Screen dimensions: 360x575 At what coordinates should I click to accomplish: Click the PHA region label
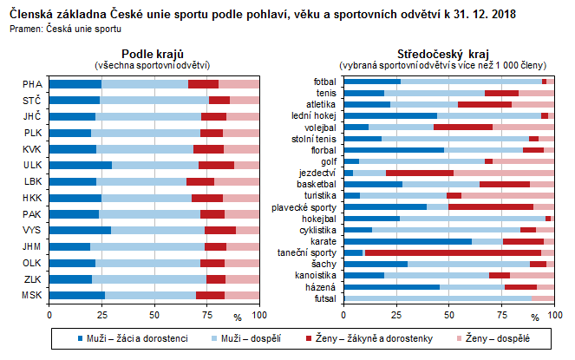pyautogui.click(x=32, y=84)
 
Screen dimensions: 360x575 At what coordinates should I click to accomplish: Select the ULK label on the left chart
pyautogui.click(x=32, y=165)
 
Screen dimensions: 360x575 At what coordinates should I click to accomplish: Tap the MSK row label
pyautogui.click(x=32, y=295)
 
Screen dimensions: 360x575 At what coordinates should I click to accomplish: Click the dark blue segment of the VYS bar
pyautogui.click(x=80, y=230)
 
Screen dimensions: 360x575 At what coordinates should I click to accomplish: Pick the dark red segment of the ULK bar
pyautogui.click(x=216, y=165)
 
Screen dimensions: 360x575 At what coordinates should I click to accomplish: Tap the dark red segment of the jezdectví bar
pyautogui.click(x=420, y=173)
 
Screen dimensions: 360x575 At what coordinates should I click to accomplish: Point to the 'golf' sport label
pyautogui.click(x=327, y=161)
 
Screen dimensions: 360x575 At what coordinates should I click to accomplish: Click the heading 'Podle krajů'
pyautogui.click(x=151, y=54)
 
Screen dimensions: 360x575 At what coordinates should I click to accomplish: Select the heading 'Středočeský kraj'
pyautogui.click(x=441, y=54)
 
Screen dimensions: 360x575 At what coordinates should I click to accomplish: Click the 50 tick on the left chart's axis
pyautogui.click(x=154, y=316)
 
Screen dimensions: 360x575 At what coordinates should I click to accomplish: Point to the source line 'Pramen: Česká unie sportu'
pyautogui.click(x=65, y=29)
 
